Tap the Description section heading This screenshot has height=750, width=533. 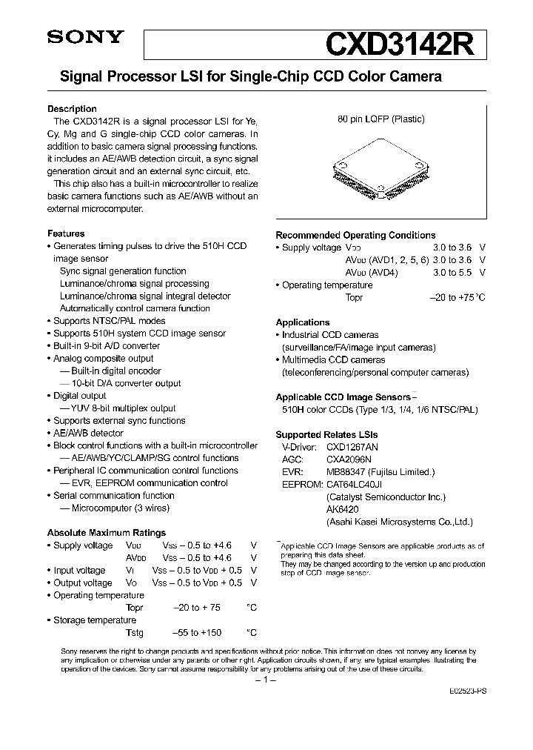(x=72, y=109)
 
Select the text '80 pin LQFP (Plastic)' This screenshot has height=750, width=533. (x=381, y=119)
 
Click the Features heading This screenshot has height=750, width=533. (x=66, y=233)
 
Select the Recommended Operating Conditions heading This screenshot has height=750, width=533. (x=355, y=235)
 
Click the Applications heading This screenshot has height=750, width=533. (x=302, y=322)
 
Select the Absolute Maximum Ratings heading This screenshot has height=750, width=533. (x=106, y=533)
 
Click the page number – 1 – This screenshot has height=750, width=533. (x=265, y=679)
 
